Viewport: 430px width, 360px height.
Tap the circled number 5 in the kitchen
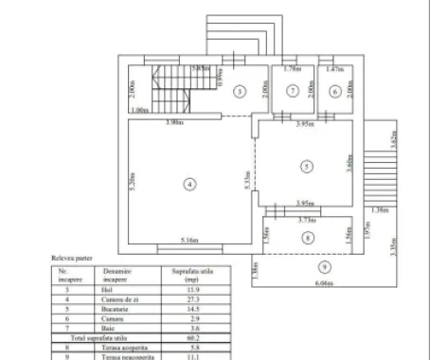pos(305,167)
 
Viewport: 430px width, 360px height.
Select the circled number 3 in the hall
pos(241,91)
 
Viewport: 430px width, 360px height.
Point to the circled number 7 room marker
pos(294,91)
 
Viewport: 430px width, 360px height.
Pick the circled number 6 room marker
pos(336,91)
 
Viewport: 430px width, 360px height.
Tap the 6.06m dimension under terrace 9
pos(325,283)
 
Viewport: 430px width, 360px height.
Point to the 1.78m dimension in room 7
pos(292,70)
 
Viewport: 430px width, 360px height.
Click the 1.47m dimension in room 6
pos(334,70)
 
